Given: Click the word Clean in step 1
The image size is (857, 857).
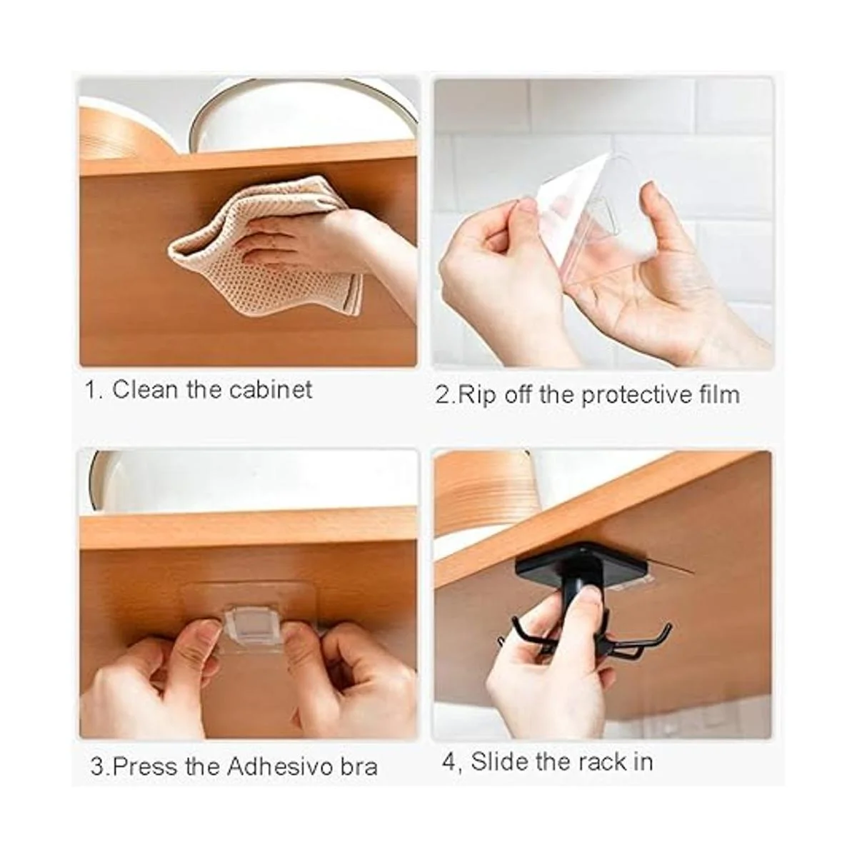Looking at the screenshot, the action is point(144,390).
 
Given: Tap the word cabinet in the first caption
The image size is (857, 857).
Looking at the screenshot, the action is point(271,390).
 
